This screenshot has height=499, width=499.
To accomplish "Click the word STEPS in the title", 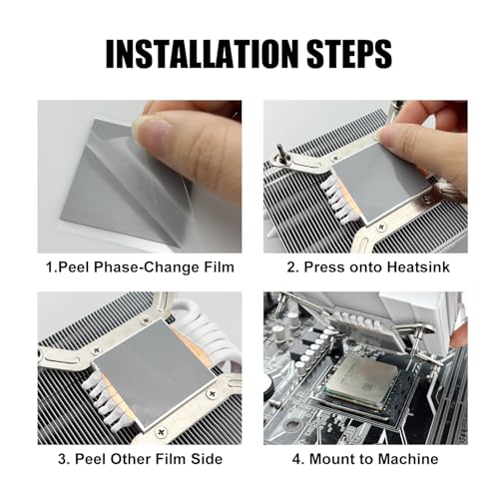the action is tap(348, 54).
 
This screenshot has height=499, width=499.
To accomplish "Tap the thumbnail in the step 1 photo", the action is tap(151, 134).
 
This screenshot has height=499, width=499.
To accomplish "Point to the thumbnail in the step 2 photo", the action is tap(393, 133).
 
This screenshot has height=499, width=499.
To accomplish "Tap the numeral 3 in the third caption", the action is tap(62, 459).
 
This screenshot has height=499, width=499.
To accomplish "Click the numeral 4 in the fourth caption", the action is tap(296, 459).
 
